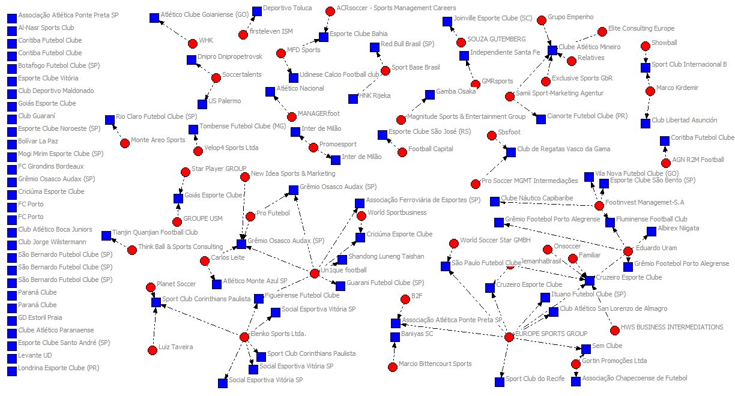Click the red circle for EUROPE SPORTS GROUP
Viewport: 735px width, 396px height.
click(509, 337)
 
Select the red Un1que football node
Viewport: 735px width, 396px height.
click(315, 274)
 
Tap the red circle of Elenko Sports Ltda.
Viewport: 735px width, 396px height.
click(244, 337)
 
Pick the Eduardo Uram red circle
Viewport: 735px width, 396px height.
click(628, 251)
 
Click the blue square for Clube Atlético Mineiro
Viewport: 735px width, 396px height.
click(552, 50)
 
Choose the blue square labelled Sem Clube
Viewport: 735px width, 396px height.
click(586, 349)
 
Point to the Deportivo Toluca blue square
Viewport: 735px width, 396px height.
click(257, 11)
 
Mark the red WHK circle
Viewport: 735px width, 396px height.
click(192, 43)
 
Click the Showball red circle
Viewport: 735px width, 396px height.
click(646, 46)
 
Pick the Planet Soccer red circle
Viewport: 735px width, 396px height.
click(151, 287)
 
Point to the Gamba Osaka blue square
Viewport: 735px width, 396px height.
click(430, 95)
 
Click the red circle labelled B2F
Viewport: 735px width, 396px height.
click(405, 299)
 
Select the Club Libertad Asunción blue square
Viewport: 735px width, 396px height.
click(646, 123)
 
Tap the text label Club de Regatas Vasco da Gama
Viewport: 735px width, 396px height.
click(563, 149)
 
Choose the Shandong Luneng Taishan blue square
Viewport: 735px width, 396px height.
click(342, 259)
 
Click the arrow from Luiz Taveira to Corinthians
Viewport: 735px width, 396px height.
click(154, 327)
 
